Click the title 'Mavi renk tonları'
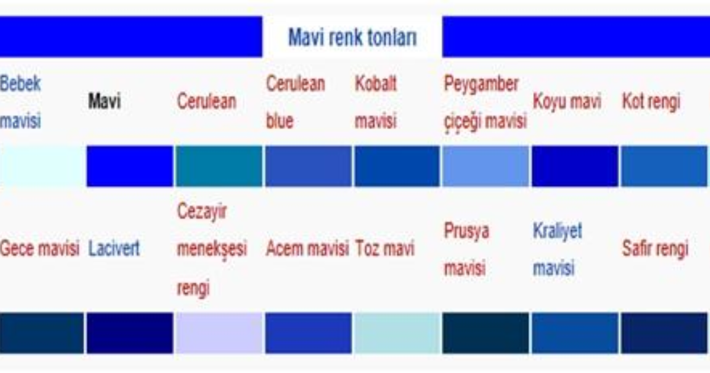[353, 37]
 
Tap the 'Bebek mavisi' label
[20, 102]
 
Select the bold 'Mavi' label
[105, 101]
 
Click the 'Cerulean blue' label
[295, 102]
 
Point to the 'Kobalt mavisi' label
[376, 102]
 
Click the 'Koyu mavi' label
[567, 102]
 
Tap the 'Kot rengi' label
[651, 101]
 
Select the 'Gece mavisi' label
[40, 247]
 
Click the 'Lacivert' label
[114, 247]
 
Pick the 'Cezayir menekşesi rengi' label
[212, 250]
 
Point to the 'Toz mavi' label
[385, 247]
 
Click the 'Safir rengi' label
[655, 248]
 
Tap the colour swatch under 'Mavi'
[130, 166]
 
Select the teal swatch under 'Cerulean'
[219, 166]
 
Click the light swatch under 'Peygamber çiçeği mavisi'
[486, 166]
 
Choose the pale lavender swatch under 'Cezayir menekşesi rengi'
[219, 333]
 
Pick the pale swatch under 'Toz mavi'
[398, 333]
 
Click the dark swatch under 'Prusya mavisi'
[486, 333]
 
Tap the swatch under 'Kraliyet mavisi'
[575, 333]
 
